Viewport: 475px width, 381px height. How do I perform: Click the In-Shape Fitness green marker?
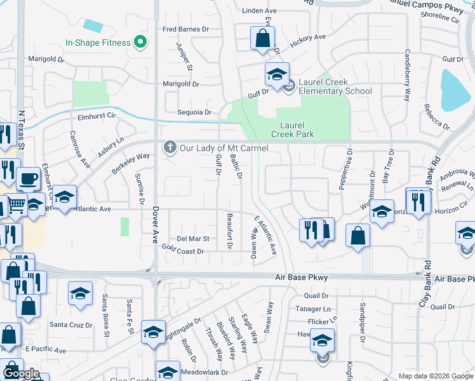[142, 43]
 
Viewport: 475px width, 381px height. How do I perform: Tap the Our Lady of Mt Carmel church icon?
[170, 147]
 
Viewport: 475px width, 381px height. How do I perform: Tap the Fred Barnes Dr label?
[185, 29]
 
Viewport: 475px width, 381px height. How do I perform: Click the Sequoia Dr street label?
[194, 112]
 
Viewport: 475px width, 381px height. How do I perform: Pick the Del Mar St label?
[193, 239]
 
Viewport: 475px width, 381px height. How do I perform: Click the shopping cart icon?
[17, 204]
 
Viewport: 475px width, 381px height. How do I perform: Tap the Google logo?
[21, 373]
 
